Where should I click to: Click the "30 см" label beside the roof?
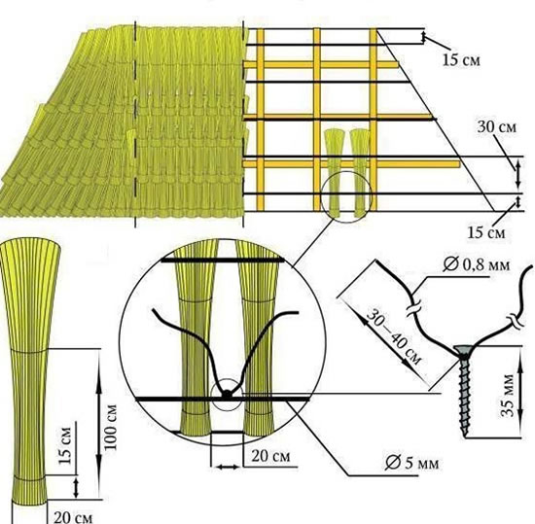(497, 126)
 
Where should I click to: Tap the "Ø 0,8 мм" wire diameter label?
(477, 264)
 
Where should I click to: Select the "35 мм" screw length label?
(508, 396)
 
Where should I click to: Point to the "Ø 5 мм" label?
(411, 463)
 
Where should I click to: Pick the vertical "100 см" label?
(111, 427)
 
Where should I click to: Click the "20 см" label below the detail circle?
(271, 456)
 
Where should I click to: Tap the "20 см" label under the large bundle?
(73, 517)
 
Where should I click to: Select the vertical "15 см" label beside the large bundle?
(65, 445)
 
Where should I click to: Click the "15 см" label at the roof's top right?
(461, 60)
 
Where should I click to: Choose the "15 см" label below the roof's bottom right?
(485, 232)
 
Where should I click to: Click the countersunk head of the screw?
(463, 350)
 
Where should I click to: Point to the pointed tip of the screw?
(464, 436)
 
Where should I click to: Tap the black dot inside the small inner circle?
(227, 395)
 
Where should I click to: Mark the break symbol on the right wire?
(516, 321)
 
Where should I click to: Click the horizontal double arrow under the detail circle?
(228, 467)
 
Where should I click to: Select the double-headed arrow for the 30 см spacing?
(517, 175)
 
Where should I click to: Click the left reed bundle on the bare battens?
(334, 173)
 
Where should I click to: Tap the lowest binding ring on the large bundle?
(28, 478)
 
